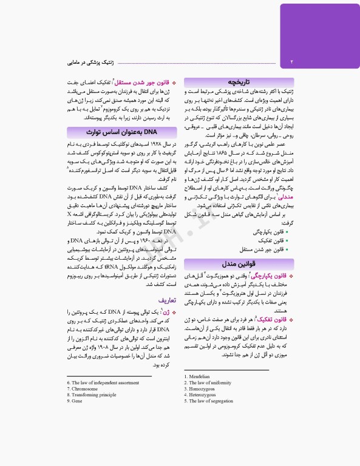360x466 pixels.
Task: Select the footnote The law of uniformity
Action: click(x=207, y=383)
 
